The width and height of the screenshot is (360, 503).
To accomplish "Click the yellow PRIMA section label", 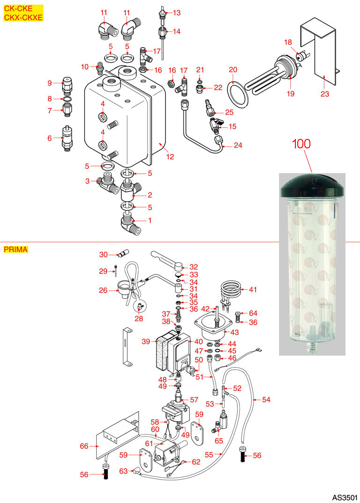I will coord(16,249).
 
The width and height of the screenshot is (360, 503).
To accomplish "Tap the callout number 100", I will coord(301,143).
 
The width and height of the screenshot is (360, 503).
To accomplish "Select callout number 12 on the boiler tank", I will coord(170,157).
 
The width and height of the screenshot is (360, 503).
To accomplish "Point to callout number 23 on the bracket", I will coord(325,94).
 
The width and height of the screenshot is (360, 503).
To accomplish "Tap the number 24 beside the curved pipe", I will coord(238,145).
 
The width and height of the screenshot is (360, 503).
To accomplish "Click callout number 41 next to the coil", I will coord(253,290).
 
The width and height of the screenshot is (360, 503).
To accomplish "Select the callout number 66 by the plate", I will coord(84,446).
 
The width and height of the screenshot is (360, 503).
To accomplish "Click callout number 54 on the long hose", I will coord(266,400).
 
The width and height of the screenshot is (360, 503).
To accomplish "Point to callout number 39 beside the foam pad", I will coord(146,342).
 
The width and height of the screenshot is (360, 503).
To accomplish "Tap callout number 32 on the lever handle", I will coord(193,267).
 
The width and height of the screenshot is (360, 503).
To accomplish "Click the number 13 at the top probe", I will coord(176,13).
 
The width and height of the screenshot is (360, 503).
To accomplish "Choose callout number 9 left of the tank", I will coord(49,83).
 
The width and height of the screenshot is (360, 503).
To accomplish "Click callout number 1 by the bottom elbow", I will coord(150,220).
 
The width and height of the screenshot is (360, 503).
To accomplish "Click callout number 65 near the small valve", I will coord(219,440).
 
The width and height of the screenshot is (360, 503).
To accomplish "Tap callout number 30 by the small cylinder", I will coord(103,255).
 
